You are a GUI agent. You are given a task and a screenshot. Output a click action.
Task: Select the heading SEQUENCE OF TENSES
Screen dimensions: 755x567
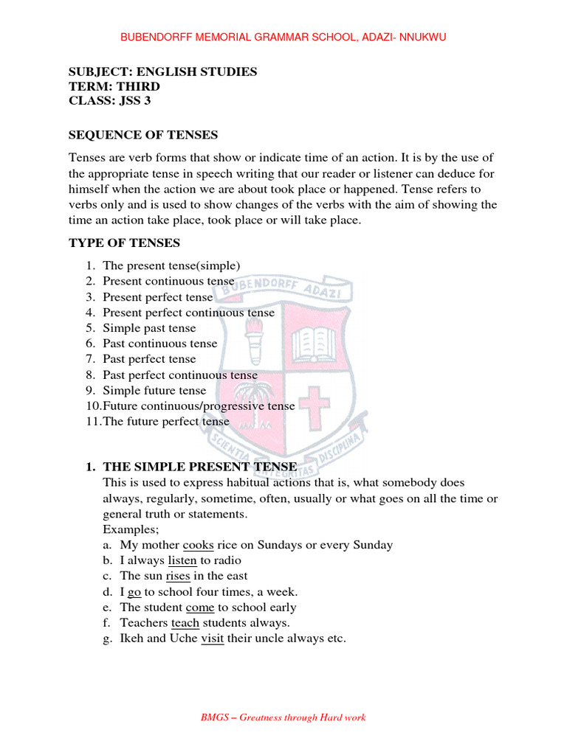click(143, 134)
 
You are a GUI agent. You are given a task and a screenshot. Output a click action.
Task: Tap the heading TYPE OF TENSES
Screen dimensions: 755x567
click(124, 243)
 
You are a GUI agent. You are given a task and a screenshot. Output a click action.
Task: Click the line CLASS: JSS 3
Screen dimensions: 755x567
click(109, 101)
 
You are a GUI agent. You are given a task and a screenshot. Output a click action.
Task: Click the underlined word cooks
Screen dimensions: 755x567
click(198, 545)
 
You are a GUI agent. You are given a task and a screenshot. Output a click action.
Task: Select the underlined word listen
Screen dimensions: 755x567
click(182, 560)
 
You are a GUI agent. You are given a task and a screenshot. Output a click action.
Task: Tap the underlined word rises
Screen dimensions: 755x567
click(178, 576)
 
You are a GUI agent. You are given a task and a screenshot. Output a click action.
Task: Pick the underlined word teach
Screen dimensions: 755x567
click(185, 623)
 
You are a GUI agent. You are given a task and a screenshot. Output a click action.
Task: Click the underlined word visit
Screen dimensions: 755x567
click(212, 639)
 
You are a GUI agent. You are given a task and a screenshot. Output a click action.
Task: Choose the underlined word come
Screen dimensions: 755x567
click(199, 608)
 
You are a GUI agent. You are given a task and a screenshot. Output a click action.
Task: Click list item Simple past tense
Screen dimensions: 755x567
click(149, 328)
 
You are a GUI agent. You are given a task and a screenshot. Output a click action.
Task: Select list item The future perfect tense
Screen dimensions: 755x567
click(166, 422)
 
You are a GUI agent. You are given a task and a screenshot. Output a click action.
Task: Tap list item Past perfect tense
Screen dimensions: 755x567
click(149, 359)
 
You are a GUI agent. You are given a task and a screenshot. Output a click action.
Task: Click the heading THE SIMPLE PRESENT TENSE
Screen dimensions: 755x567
click(199, 467)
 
